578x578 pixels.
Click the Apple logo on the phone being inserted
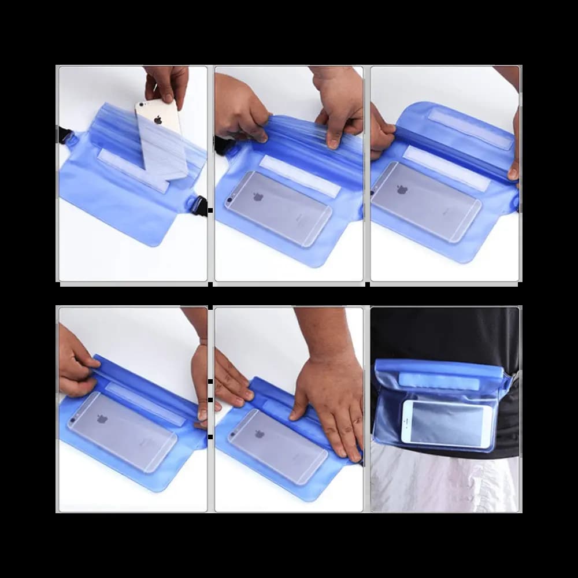coord(158,120)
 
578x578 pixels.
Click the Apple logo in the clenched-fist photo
coord(258,197)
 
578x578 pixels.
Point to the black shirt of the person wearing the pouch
coord(445,329)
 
